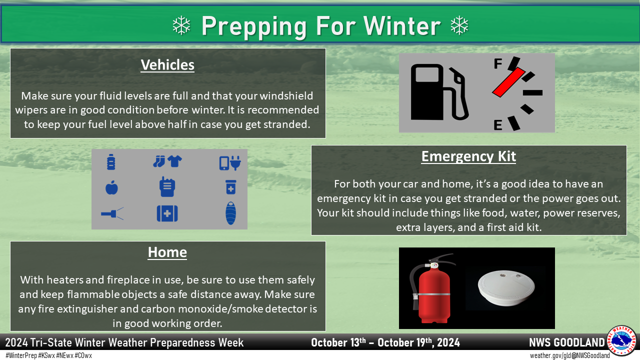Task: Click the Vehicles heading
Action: (167, 65)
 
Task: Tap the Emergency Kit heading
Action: (468, 156)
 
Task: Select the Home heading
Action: (167, 252)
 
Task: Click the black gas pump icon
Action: (439, 92)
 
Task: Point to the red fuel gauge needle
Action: (508, 82)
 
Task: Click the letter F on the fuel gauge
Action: (498, 63)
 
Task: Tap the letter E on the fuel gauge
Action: (498, 125)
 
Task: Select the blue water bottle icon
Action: (111, 162)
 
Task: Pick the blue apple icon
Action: (111, 187)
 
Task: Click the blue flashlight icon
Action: (112, 213)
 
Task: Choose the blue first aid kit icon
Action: (167, 213)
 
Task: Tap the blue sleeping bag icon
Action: (230, 213)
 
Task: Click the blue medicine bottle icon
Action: (231, 187)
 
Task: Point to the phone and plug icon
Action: (230, 163)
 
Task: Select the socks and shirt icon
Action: (167, 161)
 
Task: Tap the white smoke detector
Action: (506, 287)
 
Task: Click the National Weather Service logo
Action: (621, 340)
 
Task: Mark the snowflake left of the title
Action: (181, 25)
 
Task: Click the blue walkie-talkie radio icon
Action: (167, 186)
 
